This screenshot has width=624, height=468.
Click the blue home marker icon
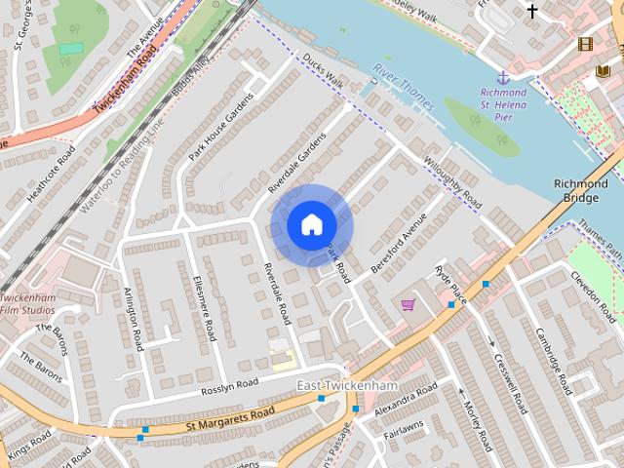click(311, 224)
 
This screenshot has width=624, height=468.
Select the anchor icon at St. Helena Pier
click(503, 76)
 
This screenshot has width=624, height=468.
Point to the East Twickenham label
click(337, 387)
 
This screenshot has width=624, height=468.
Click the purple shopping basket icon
click(408, 305)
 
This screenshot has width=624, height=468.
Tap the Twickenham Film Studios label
click(27, 303)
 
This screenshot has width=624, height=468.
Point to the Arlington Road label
click(135, 318)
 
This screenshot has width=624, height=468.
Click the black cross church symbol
click(532, 11)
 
